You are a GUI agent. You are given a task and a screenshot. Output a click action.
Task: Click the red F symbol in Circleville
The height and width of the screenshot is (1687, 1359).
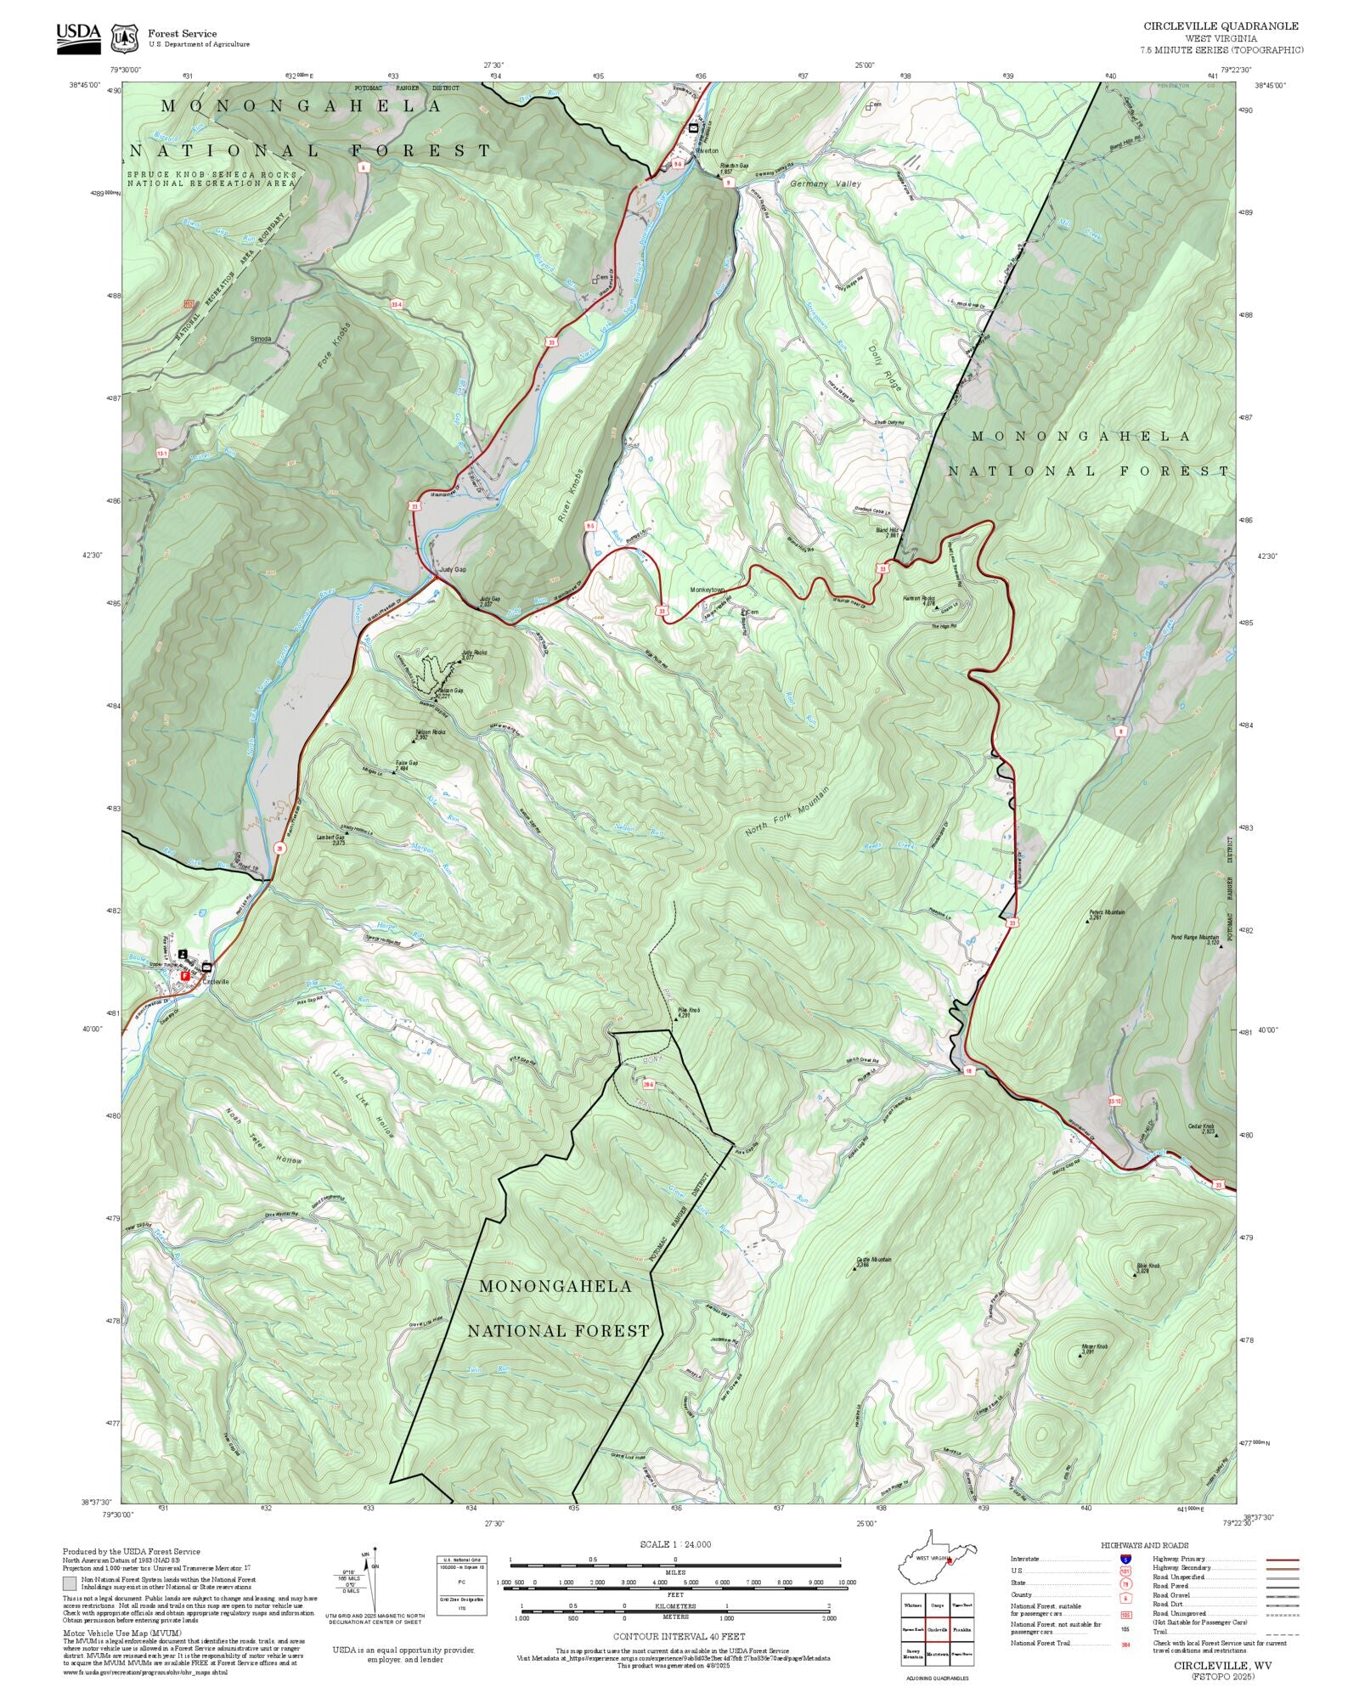[184, 976]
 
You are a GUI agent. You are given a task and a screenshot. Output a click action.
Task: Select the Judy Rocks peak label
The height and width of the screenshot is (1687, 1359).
[474, 654]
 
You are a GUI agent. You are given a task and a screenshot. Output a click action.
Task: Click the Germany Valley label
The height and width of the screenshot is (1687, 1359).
[825, 183]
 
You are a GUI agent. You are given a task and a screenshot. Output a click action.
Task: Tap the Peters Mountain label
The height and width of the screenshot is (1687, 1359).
[1107, 913]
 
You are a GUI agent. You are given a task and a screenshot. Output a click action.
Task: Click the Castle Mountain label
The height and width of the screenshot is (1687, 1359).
[874, 1261]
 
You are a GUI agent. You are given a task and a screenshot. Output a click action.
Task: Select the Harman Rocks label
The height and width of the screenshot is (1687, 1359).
[918, 599]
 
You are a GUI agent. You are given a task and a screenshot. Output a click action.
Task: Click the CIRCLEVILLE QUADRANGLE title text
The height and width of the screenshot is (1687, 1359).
[1220, 26]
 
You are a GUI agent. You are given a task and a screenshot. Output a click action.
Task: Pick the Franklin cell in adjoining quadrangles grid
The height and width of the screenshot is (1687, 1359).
[961, 1630]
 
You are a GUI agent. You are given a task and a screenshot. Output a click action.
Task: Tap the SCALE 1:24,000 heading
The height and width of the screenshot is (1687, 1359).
[675, 1544]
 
